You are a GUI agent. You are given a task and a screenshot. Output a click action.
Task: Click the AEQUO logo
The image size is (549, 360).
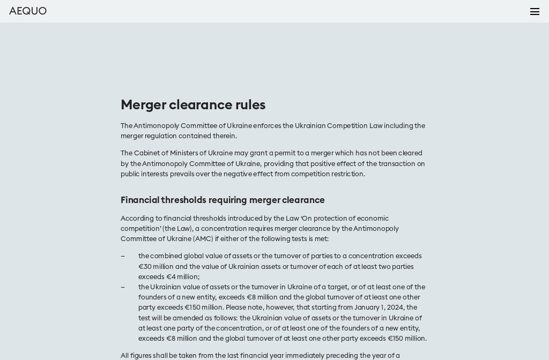28,11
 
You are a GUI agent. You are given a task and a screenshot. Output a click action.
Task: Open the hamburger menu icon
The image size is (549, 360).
535,12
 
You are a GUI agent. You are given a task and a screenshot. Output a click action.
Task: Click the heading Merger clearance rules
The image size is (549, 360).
193,105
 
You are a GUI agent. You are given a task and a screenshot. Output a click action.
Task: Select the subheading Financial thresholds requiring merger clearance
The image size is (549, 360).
222,200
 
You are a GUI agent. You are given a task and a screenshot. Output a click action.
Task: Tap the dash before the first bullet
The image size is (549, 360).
123,257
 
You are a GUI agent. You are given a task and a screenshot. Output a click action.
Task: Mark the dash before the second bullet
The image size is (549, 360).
123,288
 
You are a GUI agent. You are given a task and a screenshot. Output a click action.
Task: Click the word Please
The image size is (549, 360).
236,308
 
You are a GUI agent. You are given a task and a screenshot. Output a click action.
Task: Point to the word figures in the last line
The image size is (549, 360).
143,356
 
